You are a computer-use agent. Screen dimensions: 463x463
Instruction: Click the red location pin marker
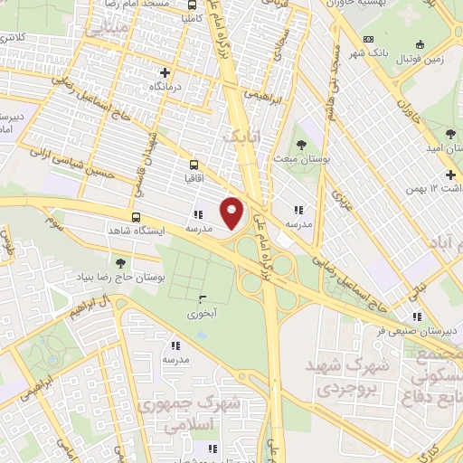(x=232, y=212)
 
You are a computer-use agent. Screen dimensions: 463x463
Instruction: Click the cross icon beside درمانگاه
(x=164, y=72)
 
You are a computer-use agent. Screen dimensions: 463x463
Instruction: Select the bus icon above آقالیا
(x=193, y=165)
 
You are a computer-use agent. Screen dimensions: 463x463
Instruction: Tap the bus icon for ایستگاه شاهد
(x=136, y=217)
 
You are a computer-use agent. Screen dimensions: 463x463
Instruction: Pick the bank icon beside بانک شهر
(x=368, y=39)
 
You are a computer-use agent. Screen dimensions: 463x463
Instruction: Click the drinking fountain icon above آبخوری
(x=201, y=299)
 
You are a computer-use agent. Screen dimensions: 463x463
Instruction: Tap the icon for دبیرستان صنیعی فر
(x=417, y=316)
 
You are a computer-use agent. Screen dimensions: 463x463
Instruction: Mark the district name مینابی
(x=107, y=30)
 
